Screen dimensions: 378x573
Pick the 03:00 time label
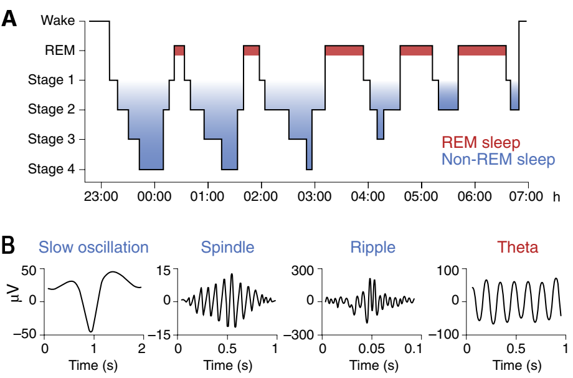click(x=314, y=196)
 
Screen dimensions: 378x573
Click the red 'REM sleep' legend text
click(x=480, y=143)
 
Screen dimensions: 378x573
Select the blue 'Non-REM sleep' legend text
click(x=497, y=160)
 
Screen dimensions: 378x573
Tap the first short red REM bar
click(x=179, y=51)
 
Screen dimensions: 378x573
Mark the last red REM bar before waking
click(x=481, y=51)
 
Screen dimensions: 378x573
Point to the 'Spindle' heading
click(x=227, y=248)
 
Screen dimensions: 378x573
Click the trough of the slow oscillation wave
click(x=91, y=331)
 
